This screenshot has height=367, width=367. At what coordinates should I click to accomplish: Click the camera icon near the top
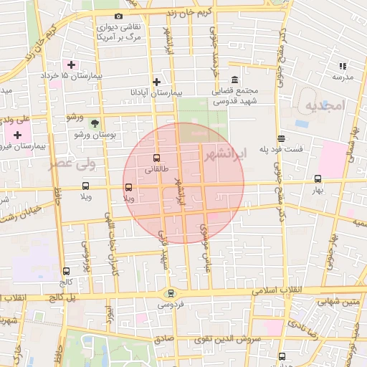[x=118, y=16]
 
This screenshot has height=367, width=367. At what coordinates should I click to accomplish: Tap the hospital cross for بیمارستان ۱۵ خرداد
[x=71, y=65]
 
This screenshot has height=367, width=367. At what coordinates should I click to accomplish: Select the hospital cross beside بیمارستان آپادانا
[x=156, y=82]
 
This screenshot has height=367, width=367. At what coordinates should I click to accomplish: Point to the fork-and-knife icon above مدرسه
[x=342, y=66]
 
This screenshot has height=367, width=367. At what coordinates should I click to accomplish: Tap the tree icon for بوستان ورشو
[x=95, y=123]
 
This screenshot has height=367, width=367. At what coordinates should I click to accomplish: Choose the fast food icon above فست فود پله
[x=281, y=139]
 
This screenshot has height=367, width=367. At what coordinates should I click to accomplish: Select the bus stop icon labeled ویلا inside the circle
[x=128, y=188]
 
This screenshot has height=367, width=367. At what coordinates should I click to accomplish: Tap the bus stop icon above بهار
[x=318, y=179]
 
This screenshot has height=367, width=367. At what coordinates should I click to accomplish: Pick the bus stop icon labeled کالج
[x=67, y=272]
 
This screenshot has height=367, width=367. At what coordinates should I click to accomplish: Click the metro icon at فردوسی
[x=170, y=292]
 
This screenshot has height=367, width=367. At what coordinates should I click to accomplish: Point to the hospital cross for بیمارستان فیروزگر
[x=17, y=135]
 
